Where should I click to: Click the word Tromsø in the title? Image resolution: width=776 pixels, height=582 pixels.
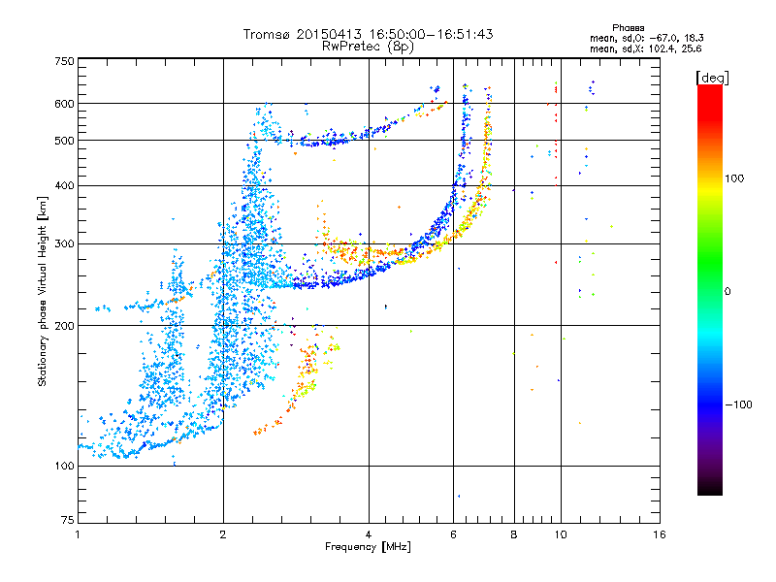pyautogui.click(x=267, y=34)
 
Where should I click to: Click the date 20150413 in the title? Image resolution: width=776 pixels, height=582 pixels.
pyautogui.click(x=329, y=34)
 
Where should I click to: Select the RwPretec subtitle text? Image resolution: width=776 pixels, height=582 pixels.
pyautogui.click(x=352, y=47)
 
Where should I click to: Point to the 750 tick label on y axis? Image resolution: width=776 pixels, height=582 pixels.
pyautogui.click(x=65, y=61)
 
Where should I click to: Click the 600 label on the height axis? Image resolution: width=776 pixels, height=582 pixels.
pyautogui.click(x=65, y=104)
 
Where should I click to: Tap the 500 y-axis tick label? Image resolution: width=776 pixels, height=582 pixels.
pyautogui.click(x=65, y=141)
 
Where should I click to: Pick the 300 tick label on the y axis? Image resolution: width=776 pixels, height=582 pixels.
pyautogui.click(x=65, y=244)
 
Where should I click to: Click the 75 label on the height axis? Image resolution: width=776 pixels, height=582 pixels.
pyautogui.click(x=68, y=520)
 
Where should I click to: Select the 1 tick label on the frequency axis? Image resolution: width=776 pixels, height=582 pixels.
pyautogui.click(x=78, y=534)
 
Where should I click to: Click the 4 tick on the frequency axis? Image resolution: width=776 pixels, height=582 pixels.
pyautogui.click(x=369, y=534)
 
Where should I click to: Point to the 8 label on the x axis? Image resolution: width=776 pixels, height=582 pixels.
pyautogui.click(x=514, y=534)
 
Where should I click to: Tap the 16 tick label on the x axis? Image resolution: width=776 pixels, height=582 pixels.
pyautogui.click(x=660, y=534)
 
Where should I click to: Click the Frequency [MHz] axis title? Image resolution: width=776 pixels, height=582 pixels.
pyautogui.click(x=368, y=547)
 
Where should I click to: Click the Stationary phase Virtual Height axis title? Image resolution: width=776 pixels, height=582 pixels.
pyautogui.click(x=43, y=292)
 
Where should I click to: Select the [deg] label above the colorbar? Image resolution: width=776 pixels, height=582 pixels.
pyautogui.click(x=712, y=78)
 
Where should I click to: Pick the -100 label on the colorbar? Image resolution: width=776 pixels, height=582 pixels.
pyautogui.click(x=738, y=404)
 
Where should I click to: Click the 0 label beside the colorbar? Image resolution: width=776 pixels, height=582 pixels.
pyautogui.click(x=727, y=292)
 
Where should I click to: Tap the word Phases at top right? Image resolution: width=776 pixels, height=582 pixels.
pyautogui.click(x=628, y=28)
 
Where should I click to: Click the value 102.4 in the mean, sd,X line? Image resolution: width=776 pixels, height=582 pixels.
pyautogui.click(x=663, y=49)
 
